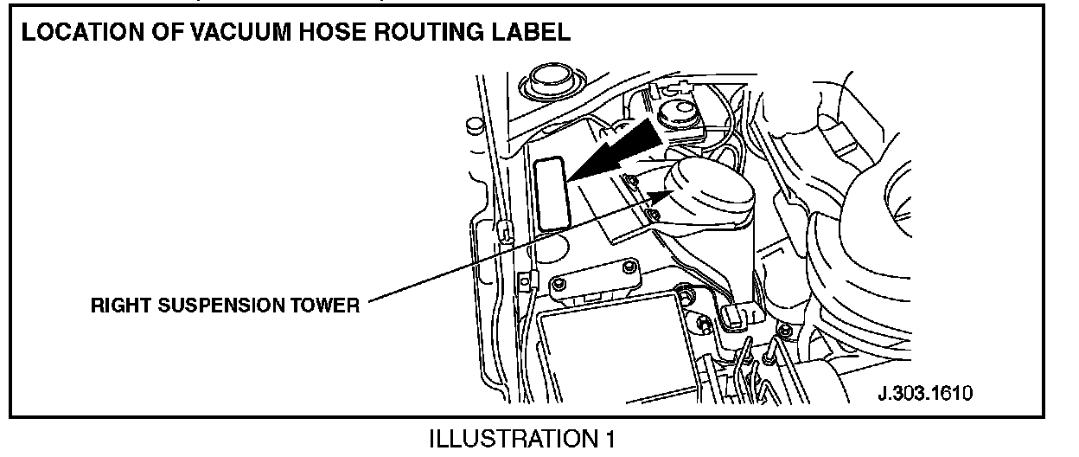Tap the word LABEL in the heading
tap(532, 34)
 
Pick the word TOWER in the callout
tap(327, 307)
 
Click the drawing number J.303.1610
tap(925, 393)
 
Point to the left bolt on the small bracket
tap(563, 284)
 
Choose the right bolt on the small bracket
tap(629, 266)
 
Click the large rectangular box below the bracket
tap(610, 346)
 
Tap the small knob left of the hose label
tap(473, 125)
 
